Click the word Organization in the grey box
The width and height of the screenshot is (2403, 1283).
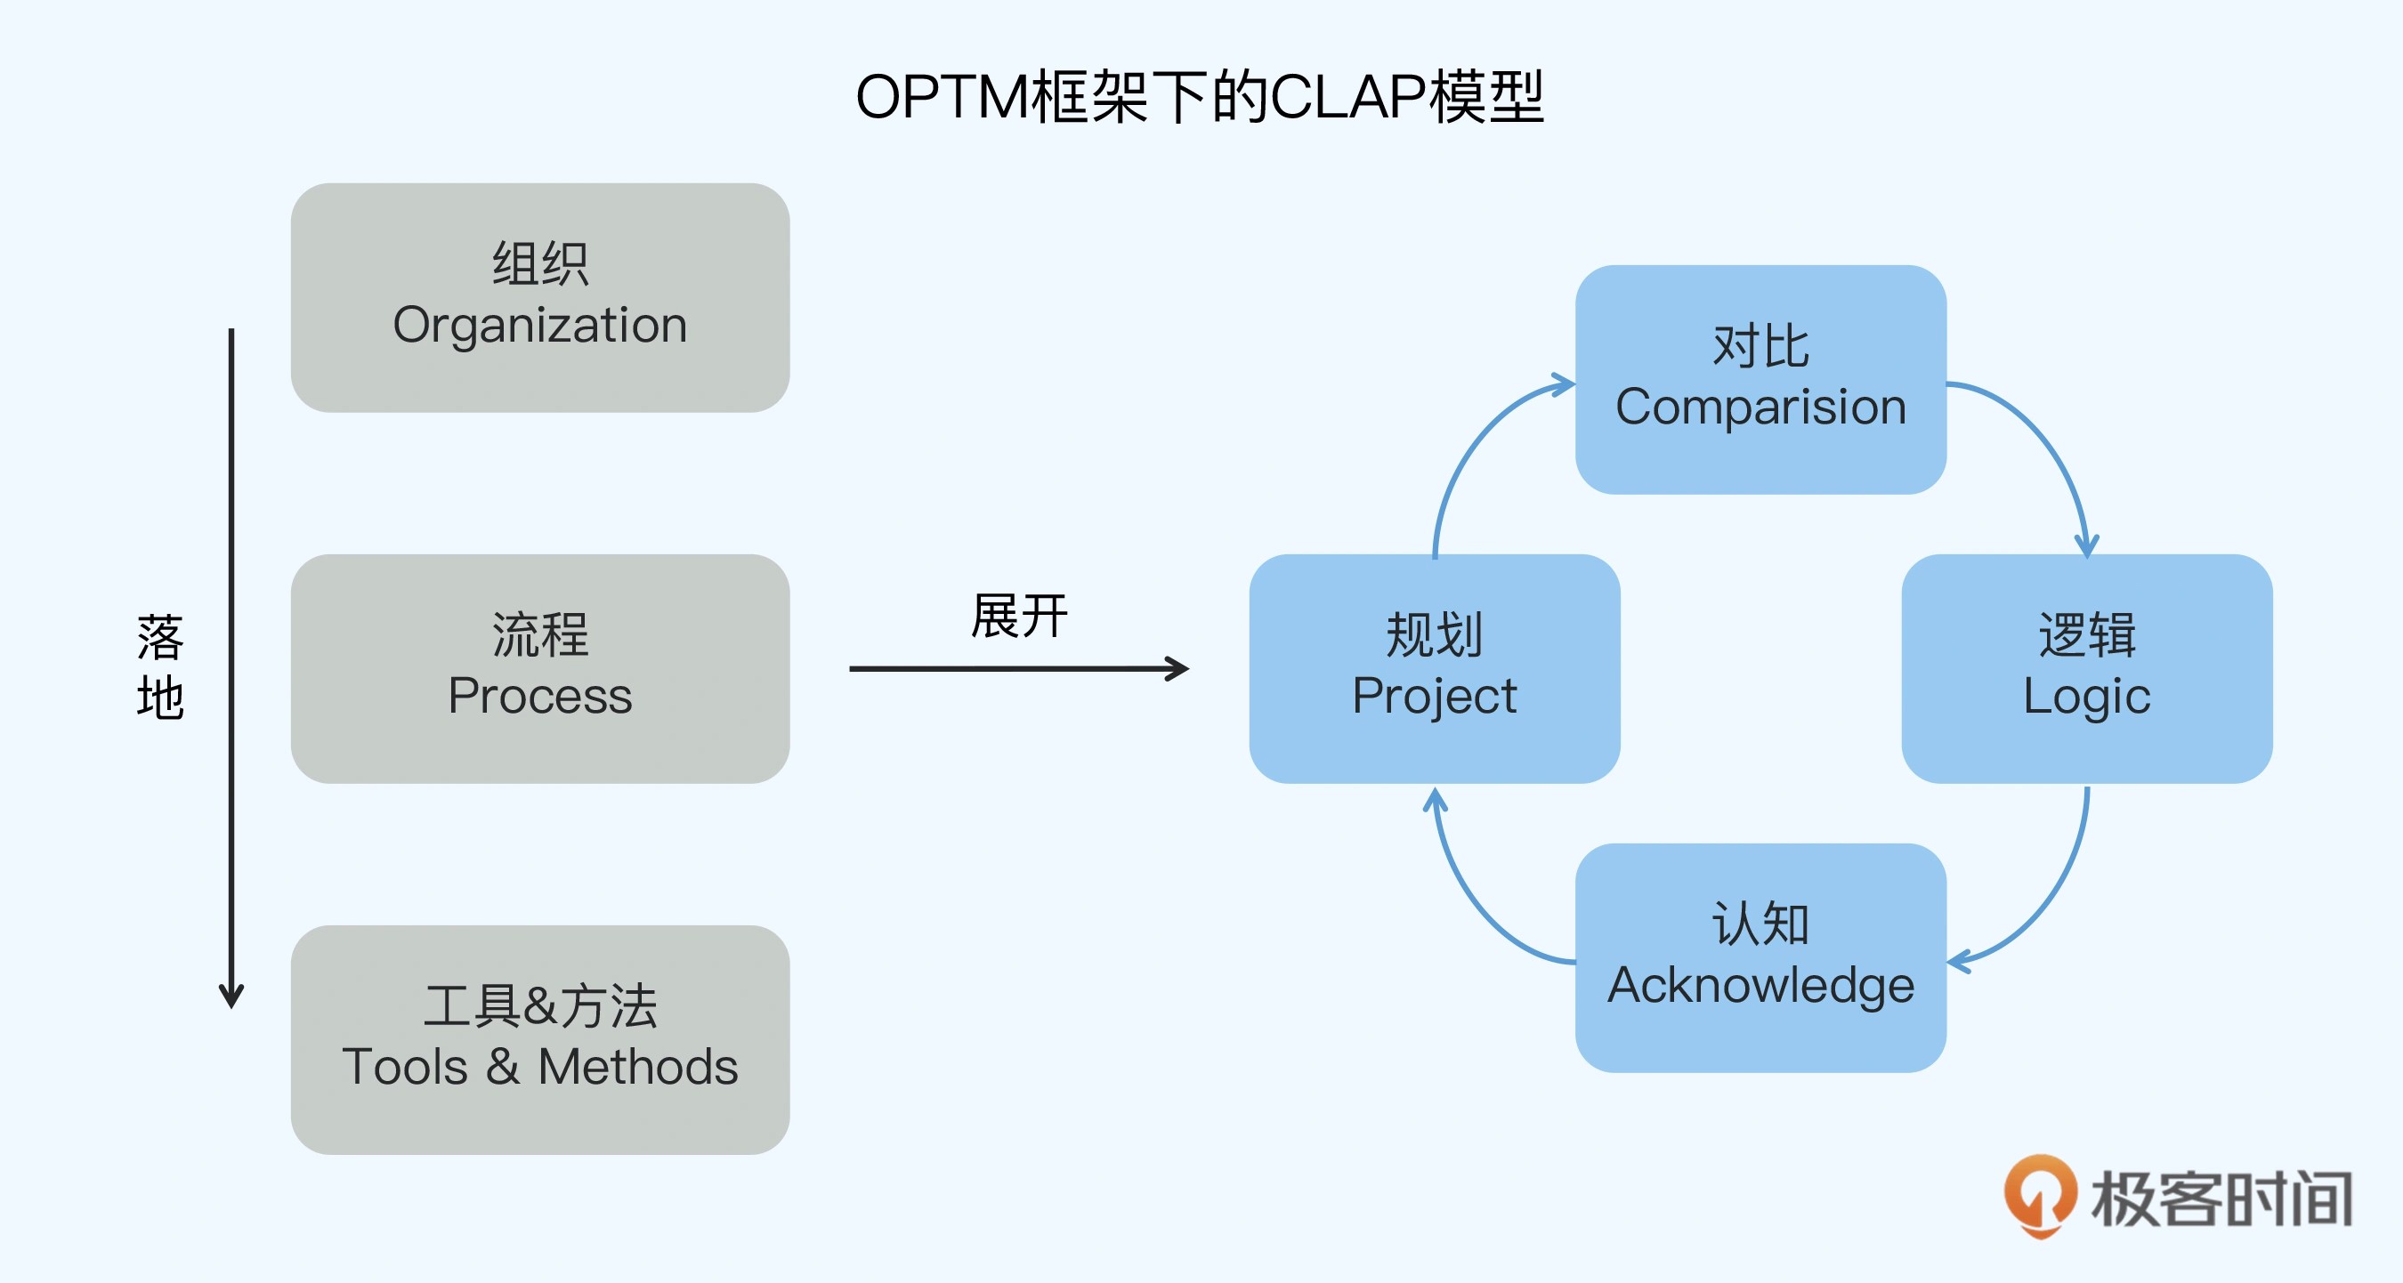(x=540, y=327)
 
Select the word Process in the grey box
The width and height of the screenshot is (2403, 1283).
(x=540, y=697)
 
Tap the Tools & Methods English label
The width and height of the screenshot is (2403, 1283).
(x=540, y=1068)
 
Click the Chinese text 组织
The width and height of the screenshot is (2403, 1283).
(x=540, y=264)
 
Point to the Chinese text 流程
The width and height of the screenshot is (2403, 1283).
(x=540, y=635)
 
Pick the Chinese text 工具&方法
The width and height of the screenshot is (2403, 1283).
(x=540, y=1006)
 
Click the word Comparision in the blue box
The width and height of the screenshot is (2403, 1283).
(x=1760, y=407)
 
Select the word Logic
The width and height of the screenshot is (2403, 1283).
(x=2087, y=697)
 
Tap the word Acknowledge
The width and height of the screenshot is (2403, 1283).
(x=1760, y=987)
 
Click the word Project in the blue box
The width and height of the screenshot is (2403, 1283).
(x=1434, y=697)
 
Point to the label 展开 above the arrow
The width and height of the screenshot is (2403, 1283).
(x=1019, y=617)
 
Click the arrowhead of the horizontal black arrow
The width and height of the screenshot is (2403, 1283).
(x=1179, y=668)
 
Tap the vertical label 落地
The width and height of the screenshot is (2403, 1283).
(x=159, y=666)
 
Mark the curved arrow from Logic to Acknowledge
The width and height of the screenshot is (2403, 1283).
(x=2049, y=900)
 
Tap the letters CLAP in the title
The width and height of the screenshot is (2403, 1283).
(x=1348, y=97)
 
